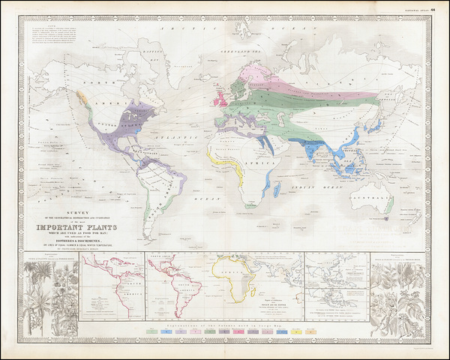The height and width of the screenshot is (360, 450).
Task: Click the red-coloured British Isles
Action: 223,100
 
